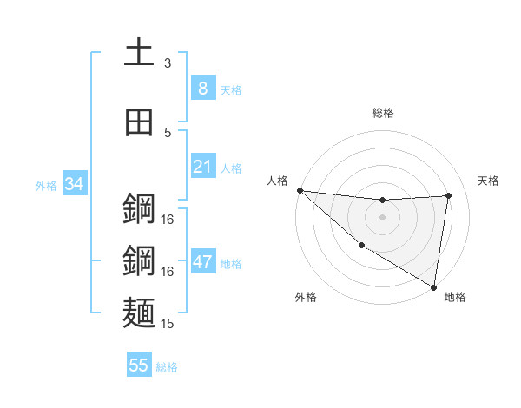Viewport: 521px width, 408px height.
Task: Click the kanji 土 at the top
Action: [139, 52]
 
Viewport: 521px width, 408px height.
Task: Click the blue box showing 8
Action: [202, 88]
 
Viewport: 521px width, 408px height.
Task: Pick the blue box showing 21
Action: [202, 166]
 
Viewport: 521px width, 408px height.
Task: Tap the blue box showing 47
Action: [202, 261]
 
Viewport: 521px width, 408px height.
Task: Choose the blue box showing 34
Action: [75, 183]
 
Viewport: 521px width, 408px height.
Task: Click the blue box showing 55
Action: [139, 365]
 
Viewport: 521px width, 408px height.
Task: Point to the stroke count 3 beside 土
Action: [168, 63]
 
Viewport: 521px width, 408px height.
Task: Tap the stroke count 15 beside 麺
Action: [168, 323]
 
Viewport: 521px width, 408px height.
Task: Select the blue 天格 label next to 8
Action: [231, 89]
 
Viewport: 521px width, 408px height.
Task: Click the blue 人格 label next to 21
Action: [231, 168]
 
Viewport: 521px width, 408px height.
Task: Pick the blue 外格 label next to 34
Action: [46, 185]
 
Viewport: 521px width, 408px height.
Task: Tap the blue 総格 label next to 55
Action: [167, 367]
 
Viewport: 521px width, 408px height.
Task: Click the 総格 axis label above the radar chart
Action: [382, 113]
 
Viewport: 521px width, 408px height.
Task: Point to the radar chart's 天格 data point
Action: [449, 195]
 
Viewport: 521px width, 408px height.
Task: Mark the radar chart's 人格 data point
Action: [300, 190]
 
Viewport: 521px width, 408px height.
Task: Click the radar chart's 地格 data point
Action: [434, 287]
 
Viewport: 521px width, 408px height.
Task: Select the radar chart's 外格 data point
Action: [361, 245]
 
